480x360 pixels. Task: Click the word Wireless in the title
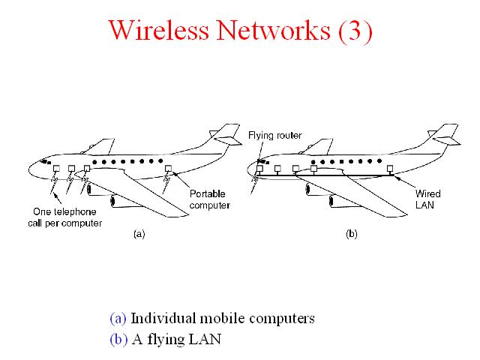[158, 30]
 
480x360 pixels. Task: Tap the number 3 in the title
[355, 31]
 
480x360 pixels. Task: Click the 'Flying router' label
[275, 135]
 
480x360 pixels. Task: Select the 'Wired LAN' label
[427, 199]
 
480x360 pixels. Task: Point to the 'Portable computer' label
[209, 199]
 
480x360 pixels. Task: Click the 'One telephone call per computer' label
[65, 217]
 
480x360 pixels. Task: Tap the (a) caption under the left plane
[139, 234]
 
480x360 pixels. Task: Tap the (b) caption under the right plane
[352, 234]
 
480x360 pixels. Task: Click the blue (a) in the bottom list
[118, 318]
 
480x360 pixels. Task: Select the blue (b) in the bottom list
[118, 339]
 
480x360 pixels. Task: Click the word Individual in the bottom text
[163, 318]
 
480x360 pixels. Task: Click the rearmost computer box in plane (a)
[168, 168]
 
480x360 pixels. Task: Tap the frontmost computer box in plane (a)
[57, 169]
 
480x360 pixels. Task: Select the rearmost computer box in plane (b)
[390, 168]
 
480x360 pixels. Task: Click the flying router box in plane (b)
[259, 168]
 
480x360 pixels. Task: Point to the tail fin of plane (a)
[226, 134]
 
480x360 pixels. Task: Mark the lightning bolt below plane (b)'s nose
[255, 183]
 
